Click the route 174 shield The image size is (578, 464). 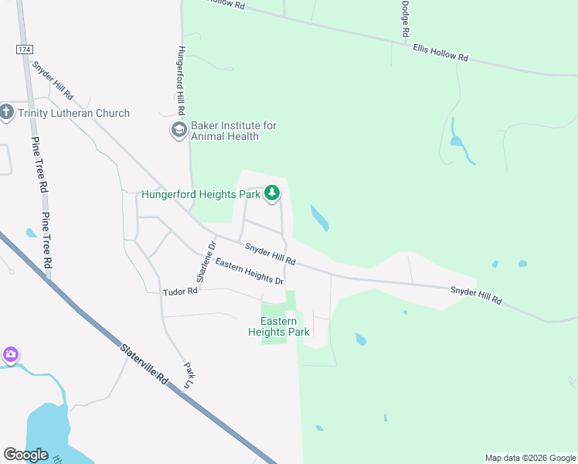point(25,49)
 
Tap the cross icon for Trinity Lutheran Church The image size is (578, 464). point(7,113)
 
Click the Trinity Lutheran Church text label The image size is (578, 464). point(74,114)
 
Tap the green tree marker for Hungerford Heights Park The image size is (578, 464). point(271,193)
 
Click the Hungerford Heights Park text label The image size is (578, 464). point(201,195)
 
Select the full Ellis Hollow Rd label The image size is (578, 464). point(440,53)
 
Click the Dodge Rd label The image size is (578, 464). point(405,19)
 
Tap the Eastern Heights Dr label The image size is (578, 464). point(250,271)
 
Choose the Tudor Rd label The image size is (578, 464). point(181,292)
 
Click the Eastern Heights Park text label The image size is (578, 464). point(278,326)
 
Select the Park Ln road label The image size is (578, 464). point(188,375)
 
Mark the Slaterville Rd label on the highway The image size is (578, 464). point(144,363)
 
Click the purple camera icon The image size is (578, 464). point(10,356)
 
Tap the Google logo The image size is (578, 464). point(26,455)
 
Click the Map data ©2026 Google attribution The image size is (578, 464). point(530,458)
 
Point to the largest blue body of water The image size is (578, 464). point(54,433)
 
